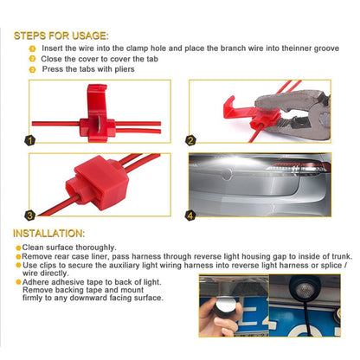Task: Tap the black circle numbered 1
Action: [x=30, y=139]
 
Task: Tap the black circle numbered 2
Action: [x=192, y=139]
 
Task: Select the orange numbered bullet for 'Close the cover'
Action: [x=32, y=59]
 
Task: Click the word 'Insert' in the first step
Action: [x=55, y=49]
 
